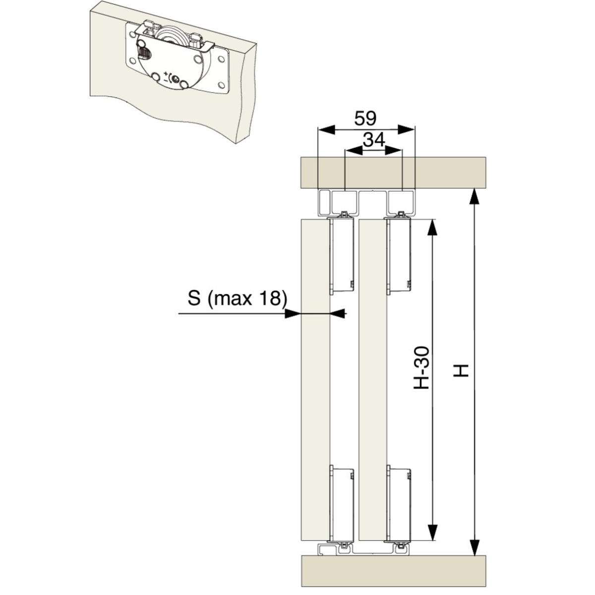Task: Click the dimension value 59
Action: (365, 119)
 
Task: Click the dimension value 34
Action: (374, 140)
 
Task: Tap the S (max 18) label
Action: (237, 298)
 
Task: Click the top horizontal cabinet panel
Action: (393, 173)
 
